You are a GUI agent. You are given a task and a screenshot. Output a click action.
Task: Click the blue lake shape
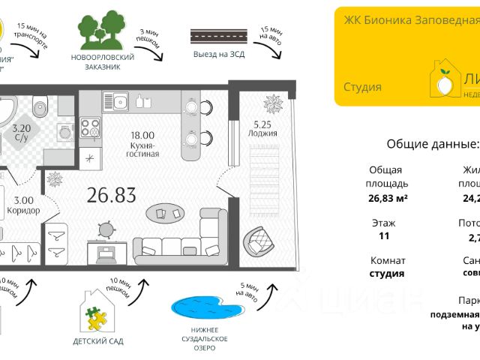(x=200, y=310)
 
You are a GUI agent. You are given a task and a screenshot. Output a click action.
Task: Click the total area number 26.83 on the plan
(x=111, y=196)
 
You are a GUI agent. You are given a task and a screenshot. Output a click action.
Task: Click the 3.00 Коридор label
(x=22, y=205)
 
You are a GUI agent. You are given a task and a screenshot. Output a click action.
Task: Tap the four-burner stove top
(x=91, y=128)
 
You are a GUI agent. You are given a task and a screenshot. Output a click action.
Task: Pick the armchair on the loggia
(x=259, y=241)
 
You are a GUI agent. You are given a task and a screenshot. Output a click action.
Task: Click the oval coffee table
(x=169, y=214)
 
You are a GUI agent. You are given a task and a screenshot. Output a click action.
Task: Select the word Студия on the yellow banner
(x=363, y=87)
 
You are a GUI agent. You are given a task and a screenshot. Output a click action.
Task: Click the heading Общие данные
(x=432, y=144)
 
